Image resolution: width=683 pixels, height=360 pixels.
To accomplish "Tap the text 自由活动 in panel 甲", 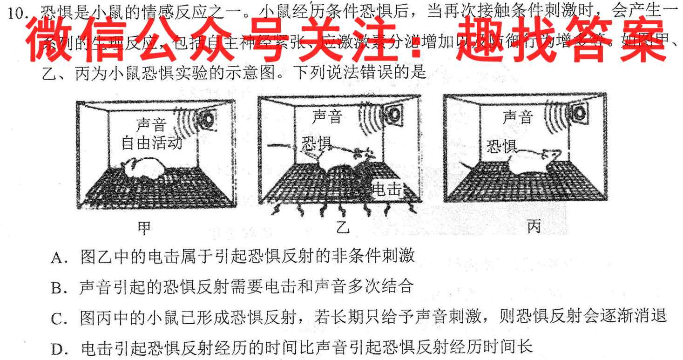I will [151, 143].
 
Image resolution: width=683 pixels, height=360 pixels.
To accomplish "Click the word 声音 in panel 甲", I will [151, 125].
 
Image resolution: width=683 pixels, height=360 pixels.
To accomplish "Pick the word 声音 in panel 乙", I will [327, 116].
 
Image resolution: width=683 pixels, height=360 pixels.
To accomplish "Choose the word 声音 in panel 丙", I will [517, 117].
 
